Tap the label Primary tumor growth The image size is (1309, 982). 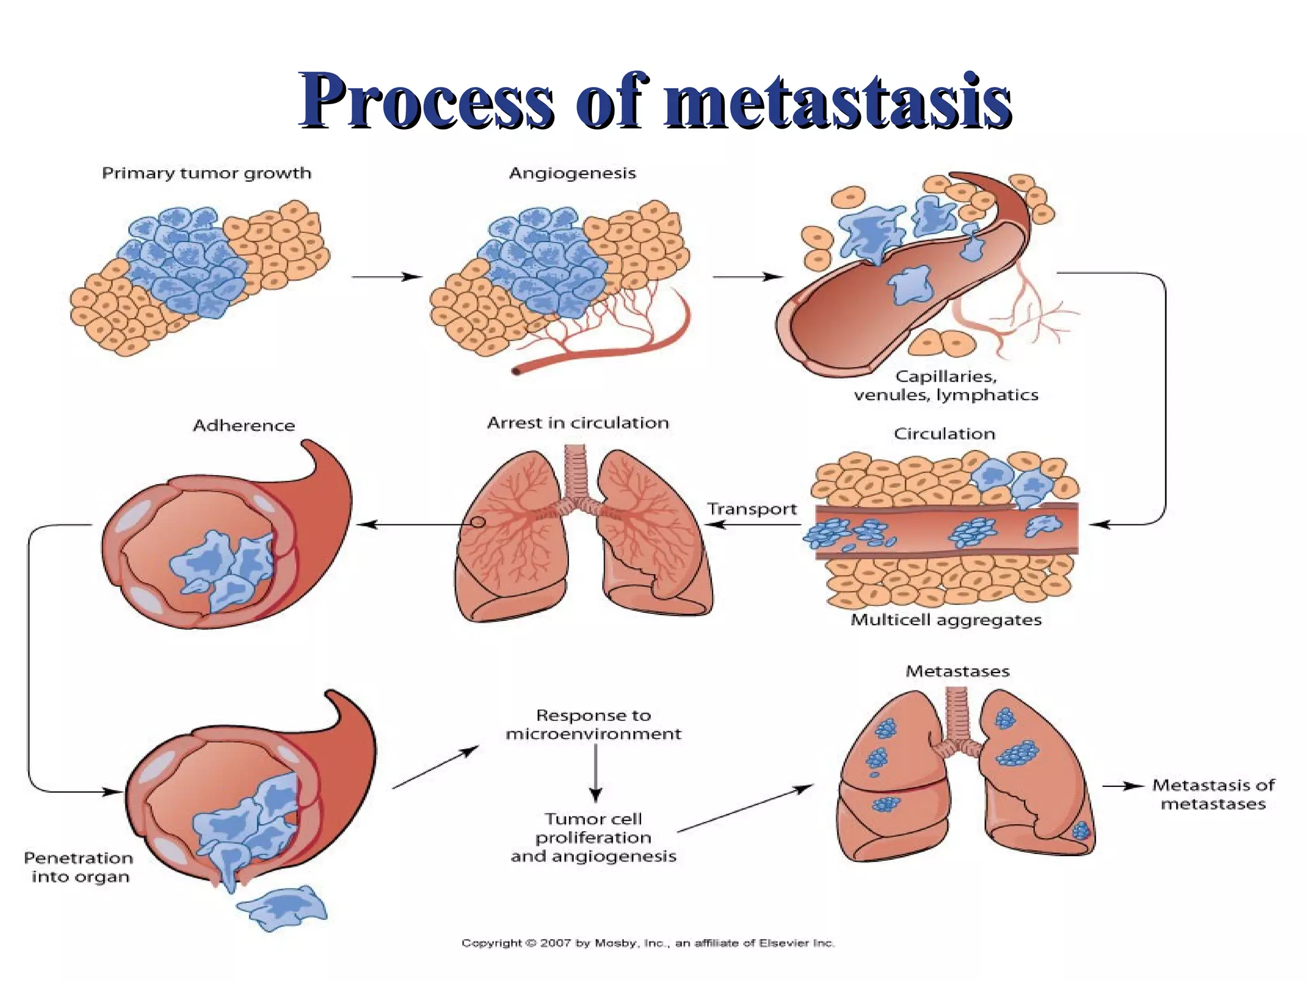[206, 173]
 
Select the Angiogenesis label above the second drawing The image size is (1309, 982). [572, 173]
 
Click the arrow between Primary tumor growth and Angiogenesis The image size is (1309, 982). [387, 277]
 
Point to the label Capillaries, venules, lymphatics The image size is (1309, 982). [946, 386]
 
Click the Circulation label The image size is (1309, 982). [944, 434]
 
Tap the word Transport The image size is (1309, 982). [752, 510]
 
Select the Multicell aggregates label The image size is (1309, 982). [946, 620]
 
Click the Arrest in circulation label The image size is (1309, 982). [578, 423]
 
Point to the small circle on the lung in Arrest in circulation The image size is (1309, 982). [478, 522]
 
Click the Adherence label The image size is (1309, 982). [244, 426]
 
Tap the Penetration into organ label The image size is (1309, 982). [79, 867]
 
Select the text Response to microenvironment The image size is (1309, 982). [593, 724]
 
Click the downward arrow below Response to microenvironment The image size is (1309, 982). [596, 774]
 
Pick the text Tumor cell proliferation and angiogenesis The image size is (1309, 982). [593, 838]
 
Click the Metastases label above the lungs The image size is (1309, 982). [957, 671]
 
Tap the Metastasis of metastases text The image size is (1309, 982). [1213, 794]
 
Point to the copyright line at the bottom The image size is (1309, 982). [648, 943]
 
